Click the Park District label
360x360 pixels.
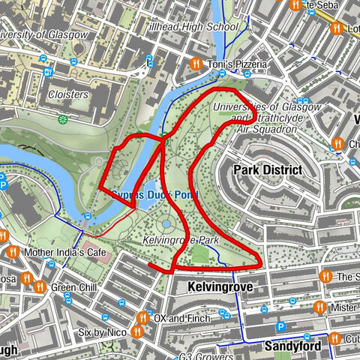[x=268, y=170]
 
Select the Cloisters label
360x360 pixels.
[x=67, y=95]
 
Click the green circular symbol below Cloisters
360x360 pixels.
[x=64, y=118]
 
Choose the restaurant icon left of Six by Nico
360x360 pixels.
[x=138, y=331]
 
